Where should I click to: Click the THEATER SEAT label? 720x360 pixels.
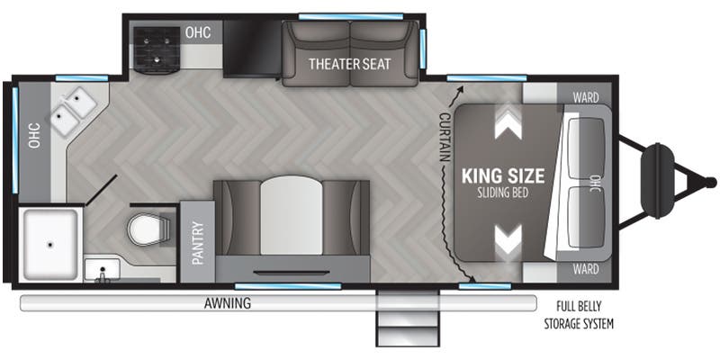point(349,63)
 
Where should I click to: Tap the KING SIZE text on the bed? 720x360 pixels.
point(503,175)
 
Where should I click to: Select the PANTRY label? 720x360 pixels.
point(197,243)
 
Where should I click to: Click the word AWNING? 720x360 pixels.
point(228,303)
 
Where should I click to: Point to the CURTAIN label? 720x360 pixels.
point(444,137)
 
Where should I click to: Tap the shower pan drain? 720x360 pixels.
point(49,246)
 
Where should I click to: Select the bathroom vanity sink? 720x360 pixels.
point(102,267)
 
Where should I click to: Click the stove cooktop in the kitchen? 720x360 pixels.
point(156,50)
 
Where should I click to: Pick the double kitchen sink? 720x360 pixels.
point(74,111)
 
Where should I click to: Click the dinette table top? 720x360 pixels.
point(291,215)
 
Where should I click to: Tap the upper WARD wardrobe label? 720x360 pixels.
point(586,98)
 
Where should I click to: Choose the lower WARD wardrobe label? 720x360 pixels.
point(586,268)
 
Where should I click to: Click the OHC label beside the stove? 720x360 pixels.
point(198,32)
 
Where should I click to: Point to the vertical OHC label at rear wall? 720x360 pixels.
point(34,136)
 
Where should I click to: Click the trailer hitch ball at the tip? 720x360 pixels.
point(711,183)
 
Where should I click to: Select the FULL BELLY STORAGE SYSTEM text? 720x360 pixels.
point(579,315)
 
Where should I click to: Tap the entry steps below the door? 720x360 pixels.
point(408,319)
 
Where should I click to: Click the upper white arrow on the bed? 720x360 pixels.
point(508,121)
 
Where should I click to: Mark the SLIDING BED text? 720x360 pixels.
point(503,193)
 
